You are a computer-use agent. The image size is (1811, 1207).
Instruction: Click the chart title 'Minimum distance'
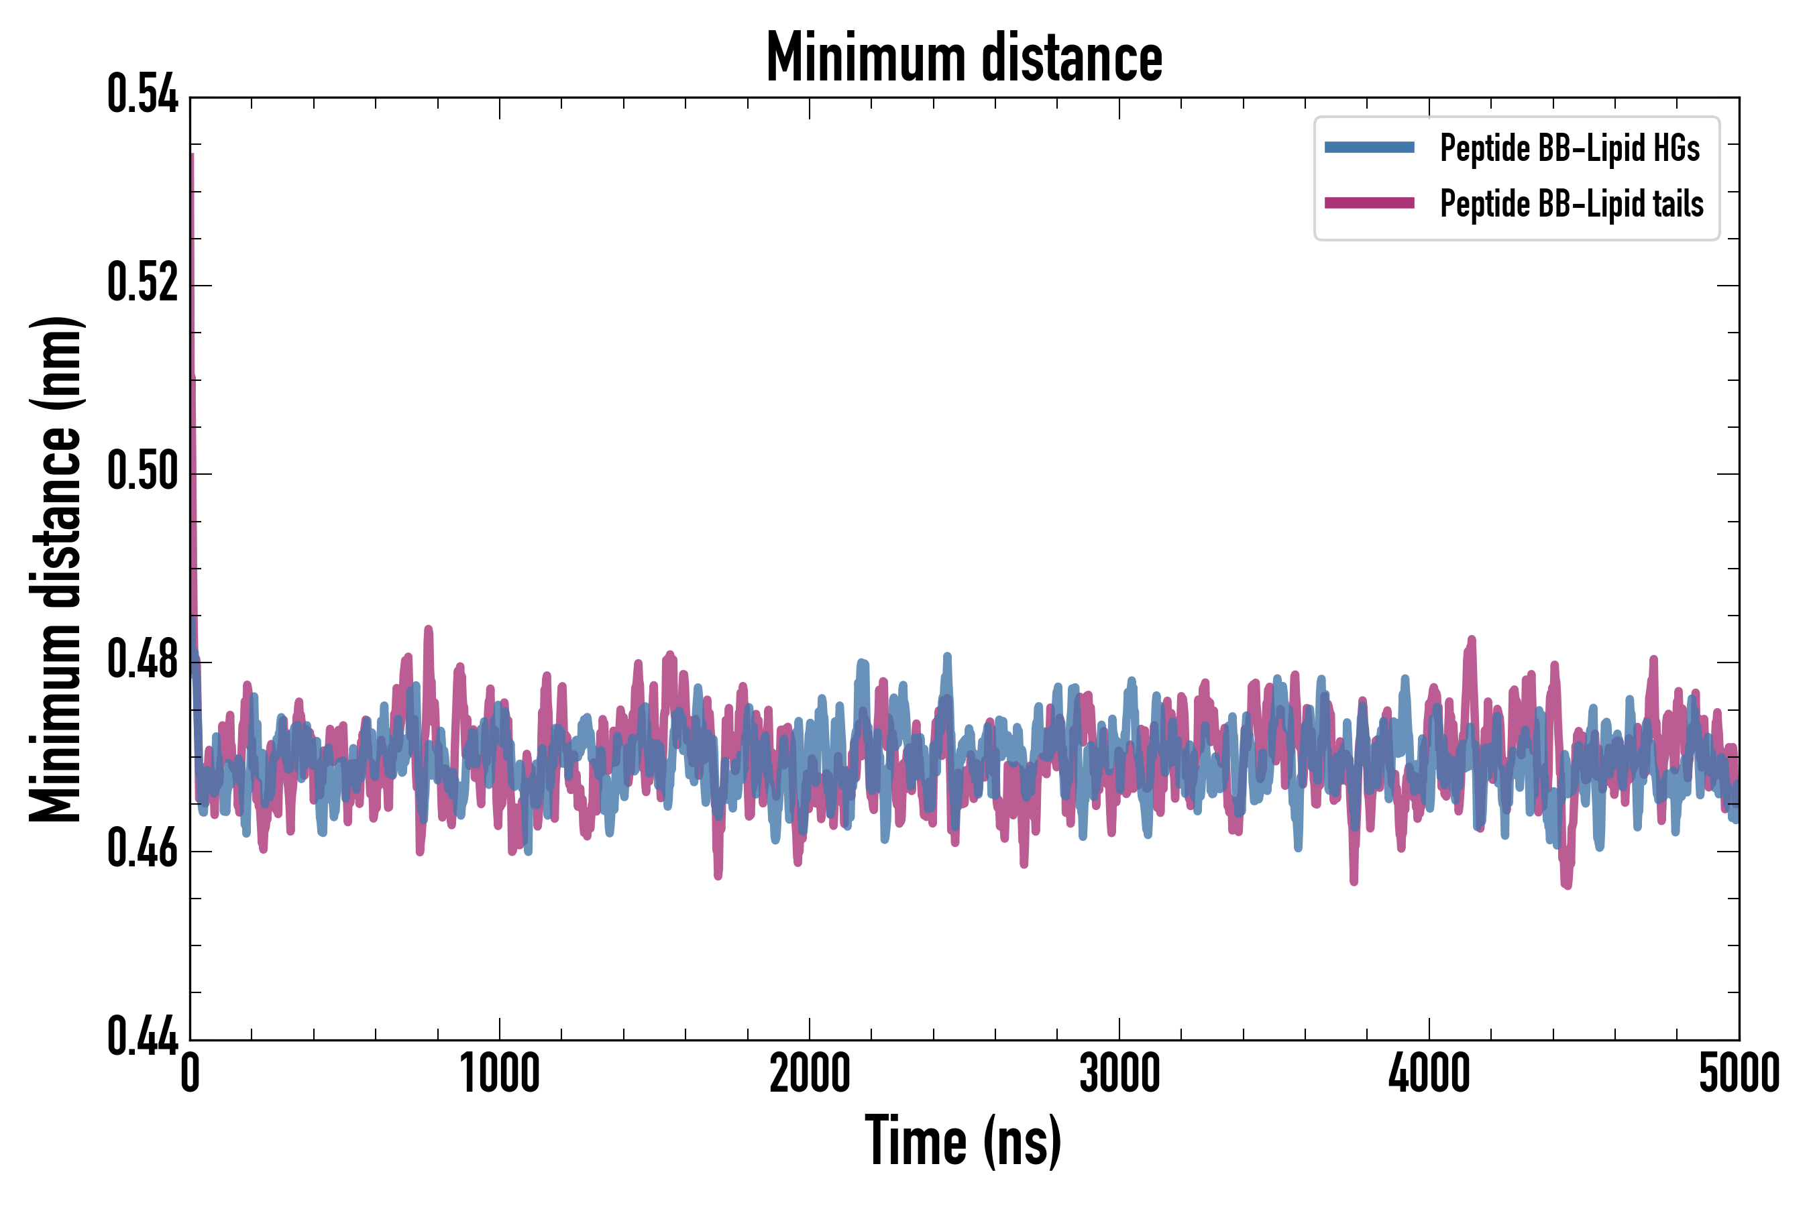(964, 58)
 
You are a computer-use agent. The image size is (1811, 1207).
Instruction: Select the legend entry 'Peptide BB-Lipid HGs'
(1570, 148)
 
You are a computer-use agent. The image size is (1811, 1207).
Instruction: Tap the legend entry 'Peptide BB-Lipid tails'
(1572, 204)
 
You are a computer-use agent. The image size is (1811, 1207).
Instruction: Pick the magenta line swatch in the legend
(1369, 203)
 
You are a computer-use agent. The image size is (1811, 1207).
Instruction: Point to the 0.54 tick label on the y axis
(142, 95)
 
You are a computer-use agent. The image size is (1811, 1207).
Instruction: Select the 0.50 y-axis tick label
(142, 472)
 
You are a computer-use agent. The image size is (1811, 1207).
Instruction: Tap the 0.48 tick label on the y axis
(142, 660)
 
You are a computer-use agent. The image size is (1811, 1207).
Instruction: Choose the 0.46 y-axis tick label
(142, 849)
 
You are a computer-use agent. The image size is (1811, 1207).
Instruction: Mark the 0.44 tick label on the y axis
(142, 1037)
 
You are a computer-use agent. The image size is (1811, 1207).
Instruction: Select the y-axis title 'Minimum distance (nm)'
(56, 569)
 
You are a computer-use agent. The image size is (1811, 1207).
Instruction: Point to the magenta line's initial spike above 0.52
(192, 200)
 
